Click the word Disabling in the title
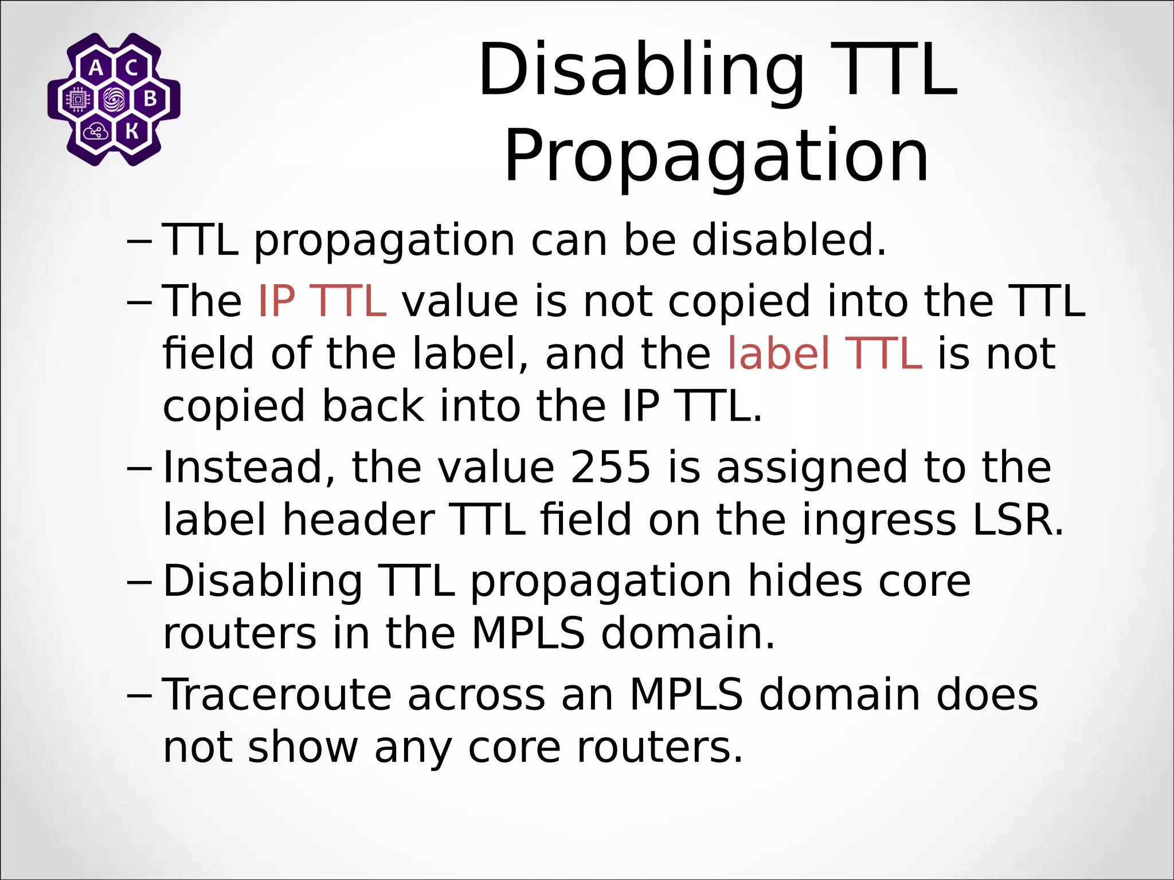pos(641,71)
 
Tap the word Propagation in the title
pos(716,156)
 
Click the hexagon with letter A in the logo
pos(96,68)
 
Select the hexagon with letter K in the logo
pos(132,131)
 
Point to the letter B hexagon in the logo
pos(150,99)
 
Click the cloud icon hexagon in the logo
pos(95,132)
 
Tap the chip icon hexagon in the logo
pos(77,100)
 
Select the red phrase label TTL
pos(824,353)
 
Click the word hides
pos(805,581)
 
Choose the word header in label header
pos(358,520)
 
